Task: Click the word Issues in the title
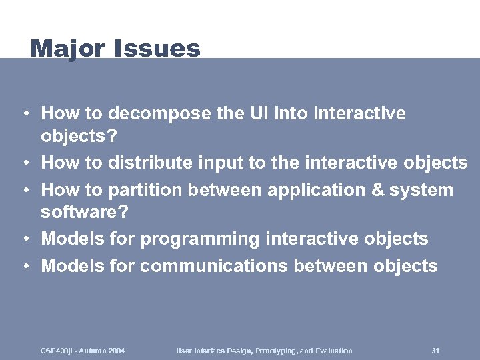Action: click(x=157, y=49)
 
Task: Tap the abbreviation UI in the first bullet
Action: click(x=243, y=113)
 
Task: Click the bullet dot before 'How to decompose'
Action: click(x=24, y=114)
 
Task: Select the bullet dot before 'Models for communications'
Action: click(x=24, y=267)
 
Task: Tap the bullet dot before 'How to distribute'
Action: click(x=24, y=163)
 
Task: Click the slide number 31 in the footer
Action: click(x=435, y=351)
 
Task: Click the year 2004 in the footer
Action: click(x=115, y=351)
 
